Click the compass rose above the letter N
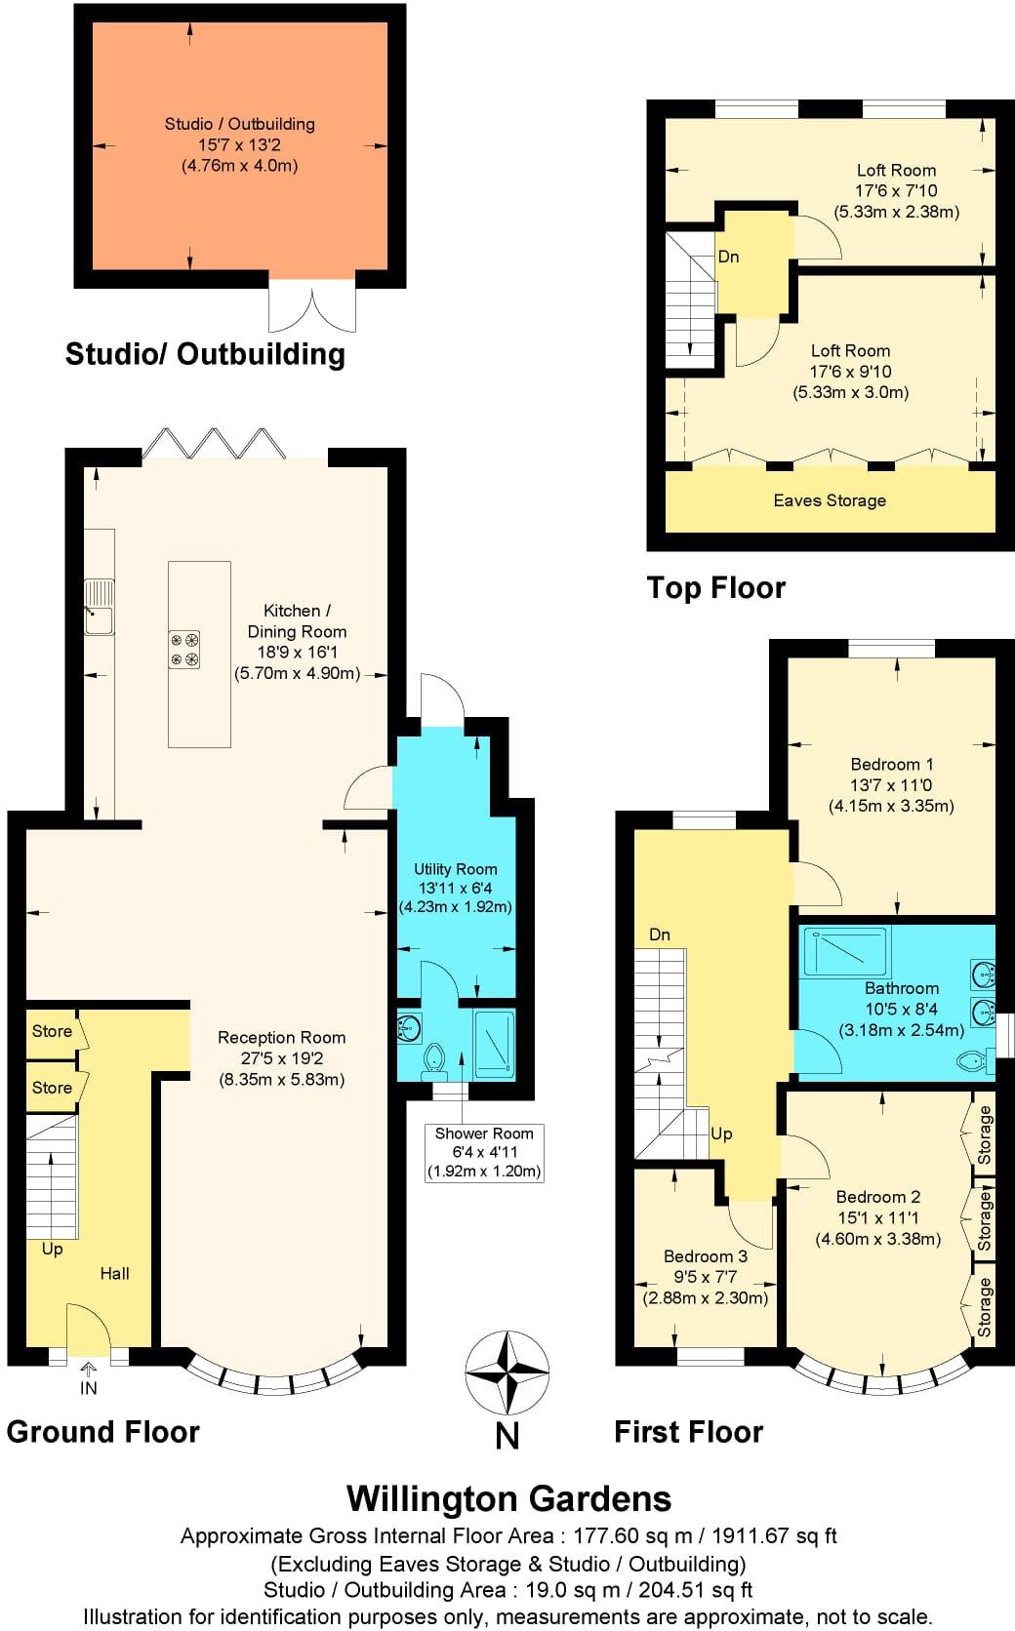[507, 1373]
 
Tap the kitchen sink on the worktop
[99, 606]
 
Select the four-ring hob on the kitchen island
[184, 650]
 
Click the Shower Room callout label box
[484, 1152]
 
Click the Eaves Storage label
[830, 500]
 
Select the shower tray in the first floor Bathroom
[845, 952]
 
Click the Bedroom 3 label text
[705, 1256]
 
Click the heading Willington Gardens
[508, 1498]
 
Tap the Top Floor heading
[715, 587]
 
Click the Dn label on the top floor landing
[728, 257]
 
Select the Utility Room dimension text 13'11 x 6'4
[455, 888]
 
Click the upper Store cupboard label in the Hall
[52, 1031]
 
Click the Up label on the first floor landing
[721, 1134]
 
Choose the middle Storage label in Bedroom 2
[984, 1219]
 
